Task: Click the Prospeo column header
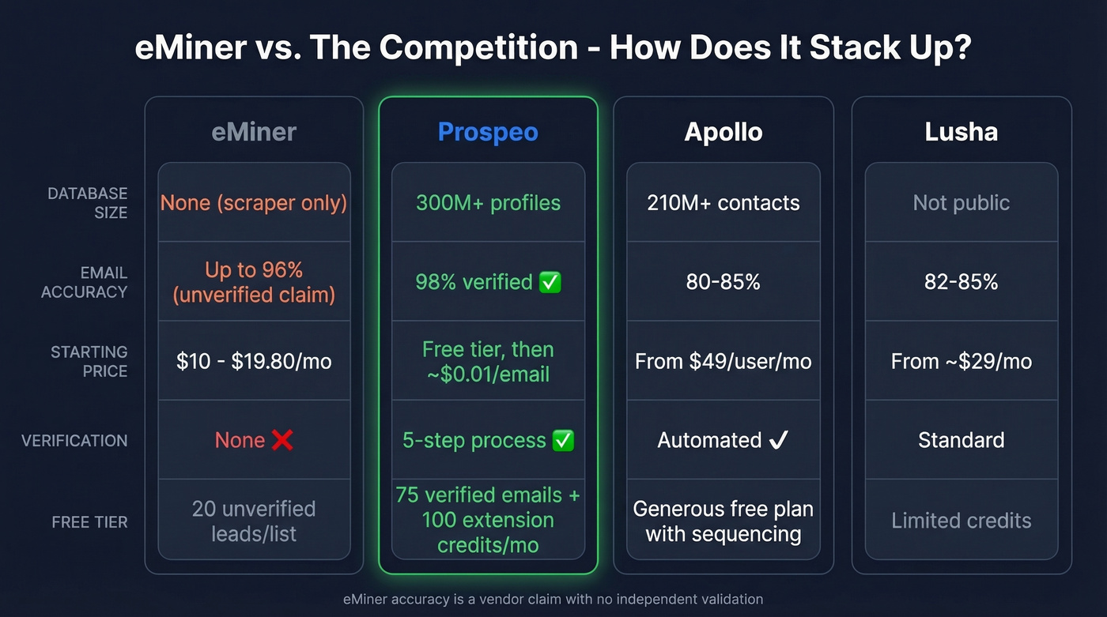point(488,131)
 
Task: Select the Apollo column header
point(724,131)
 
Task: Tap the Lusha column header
point(961,131)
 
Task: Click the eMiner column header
point(254,131)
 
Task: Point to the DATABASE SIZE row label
point(87,203)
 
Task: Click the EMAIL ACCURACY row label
point(84,282)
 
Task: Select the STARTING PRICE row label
point(89,361)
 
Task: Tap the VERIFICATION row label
point(74,441)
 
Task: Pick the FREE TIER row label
point(89,521)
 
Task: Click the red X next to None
point(282,440)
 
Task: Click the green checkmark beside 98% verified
point(550,282)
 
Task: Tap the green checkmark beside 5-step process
point(563,440)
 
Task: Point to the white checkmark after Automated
point(778,440)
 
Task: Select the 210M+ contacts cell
point(724,203)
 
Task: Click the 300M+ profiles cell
point(488,203)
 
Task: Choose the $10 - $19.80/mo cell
point(254,361)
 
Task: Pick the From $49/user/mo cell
point(724,361)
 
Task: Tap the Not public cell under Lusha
point(961,203)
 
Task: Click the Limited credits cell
point(961,521)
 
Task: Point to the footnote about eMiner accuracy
point(553,599)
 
